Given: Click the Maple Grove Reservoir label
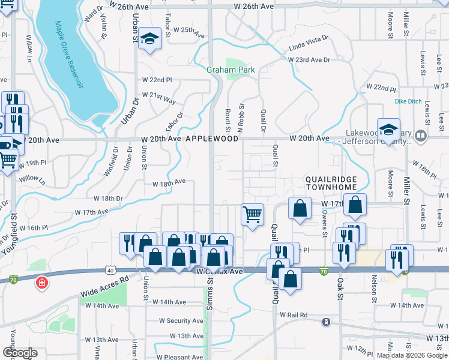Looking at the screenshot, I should (68, 55).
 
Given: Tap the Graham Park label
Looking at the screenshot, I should (231, 70).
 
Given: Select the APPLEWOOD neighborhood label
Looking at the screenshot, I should (212, 139).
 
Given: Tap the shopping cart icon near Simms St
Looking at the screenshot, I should (252, 214).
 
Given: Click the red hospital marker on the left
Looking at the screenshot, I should (42, 281).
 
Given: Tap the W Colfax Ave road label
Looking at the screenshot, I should (220, 272).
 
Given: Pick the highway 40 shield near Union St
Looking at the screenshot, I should (112, 271).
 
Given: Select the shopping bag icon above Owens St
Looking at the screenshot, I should (356, 204).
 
